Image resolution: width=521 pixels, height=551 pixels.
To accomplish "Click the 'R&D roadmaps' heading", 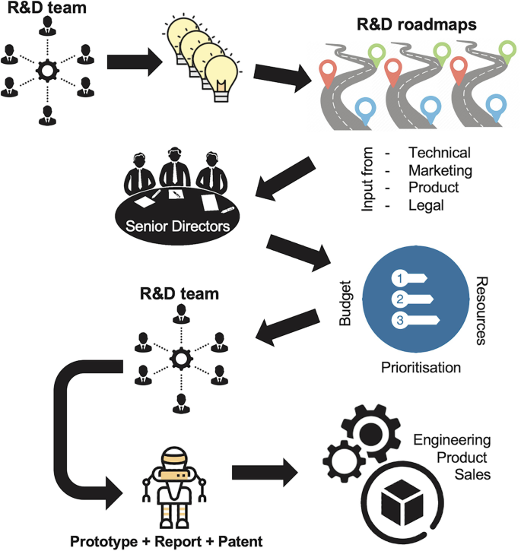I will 418,24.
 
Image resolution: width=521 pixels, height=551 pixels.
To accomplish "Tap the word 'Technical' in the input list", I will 439,153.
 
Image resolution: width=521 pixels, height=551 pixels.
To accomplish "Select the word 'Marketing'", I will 440,170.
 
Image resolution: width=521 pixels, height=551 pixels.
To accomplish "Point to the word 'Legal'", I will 426,205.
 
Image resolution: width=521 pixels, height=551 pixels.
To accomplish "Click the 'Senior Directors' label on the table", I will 176,226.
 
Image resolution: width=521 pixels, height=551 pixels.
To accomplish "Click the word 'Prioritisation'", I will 421,368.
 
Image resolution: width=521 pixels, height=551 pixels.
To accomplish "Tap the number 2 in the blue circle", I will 398,298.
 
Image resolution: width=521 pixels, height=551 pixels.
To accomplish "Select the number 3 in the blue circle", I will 398,320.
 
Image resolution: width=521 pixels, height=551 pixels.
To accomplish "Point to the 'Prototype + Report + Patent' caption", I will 166,541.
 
